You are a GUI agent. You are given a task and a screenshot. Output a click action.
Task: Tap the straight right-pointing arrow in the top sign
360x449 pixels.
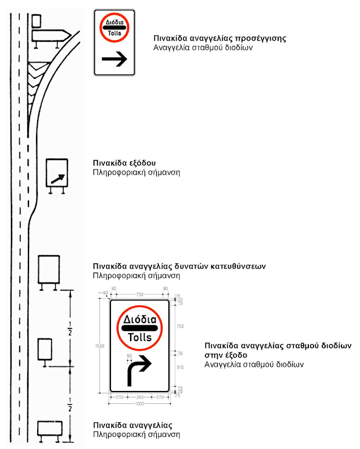click(x=114, y=59)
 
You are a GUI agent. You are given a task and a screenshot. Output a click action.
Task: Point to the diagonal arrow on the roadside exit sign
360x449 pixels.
click(x=57, y=176)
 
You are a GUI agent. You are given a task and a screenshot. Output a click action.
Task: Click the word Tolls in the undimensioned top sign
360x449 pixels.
click(x=114, y=33)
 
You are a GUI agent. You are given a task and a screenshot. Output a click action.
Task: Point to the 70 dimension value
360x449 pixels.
click(x=179, y=353)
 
